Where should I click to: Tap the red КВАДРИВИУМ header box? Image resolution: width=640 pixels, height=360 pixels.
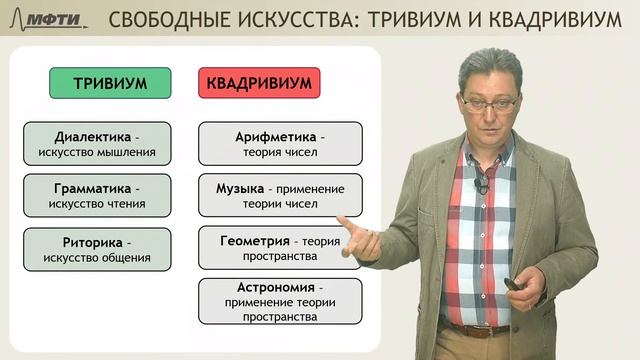[259, 83]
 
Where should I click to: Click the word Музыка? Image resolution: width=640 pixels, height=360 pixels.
[240, 188]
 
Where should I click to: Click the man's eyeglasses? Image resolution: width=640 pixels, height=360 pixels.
[490, 102]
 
